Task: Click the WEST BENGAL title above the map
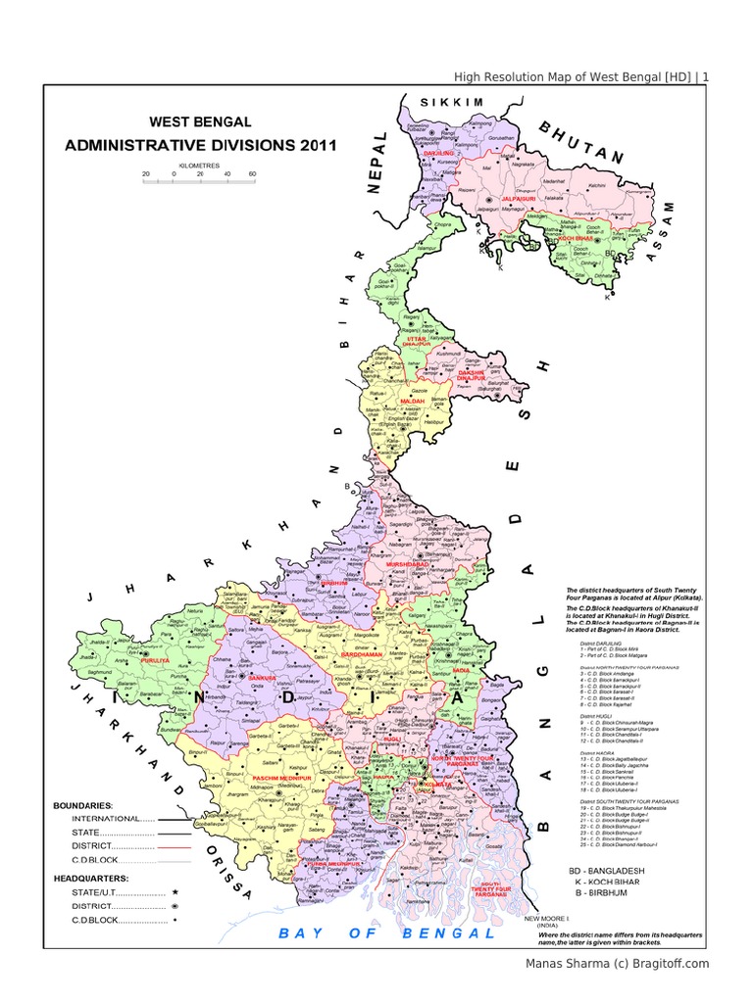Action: [x=200, y=122]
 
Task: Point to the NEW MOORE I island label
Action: [x=546, y=917]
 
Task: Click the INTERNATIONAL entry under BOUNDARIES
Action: [x=109, y=817]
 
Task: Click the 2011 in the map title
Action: [x=312, y=145]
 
